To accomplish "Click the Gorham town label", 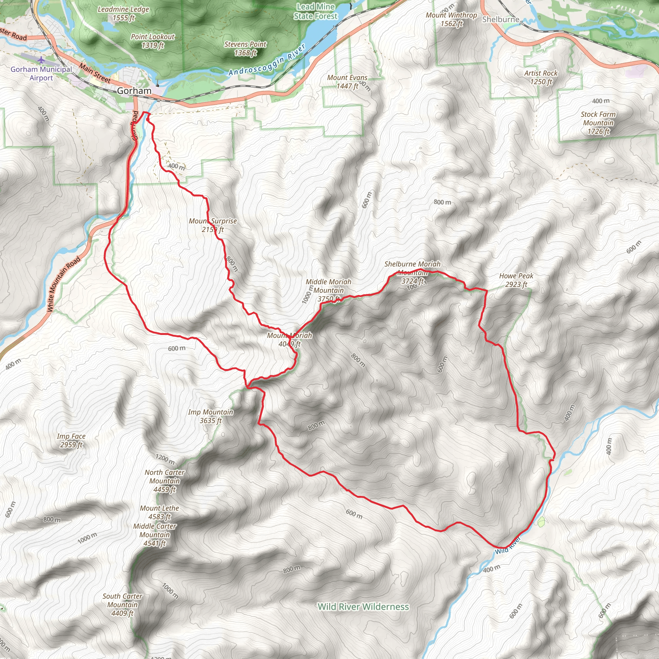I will (x=134, y=91).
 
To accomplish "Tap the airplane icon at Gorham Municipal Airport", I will (x=41, y=60).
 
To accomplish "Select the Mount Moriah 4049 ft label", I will (x=289, y=340).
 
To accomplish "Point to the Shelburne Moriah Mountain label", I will (x=412, y=272).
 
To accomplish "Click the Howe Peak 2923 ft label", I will (x=516, y=280).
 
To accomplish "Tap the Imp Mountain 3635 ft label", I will (x=210, y=416).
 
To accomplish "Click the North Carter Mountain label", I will (x=164, y=481).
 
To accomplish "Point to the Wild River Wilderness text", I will (x=363, y=607).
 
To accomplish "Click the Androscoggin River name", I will (x=267, y=60).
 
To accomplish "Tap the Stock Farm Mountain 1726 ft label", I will (x=598, y=123).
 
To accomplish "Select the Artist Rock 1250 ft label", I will (x=540, y=78).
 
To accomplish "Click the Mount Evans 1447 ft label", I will (x=347, y=82).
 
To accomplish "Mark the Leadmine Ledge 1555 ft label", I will (x=123, y=14).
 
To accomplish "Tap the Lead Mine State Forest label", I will (x=316, y=11).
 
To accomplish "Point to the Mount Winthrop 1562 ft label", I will (x=451, y=19).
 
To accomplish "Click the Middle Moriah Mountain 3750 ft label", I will (x=328, y=290).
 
